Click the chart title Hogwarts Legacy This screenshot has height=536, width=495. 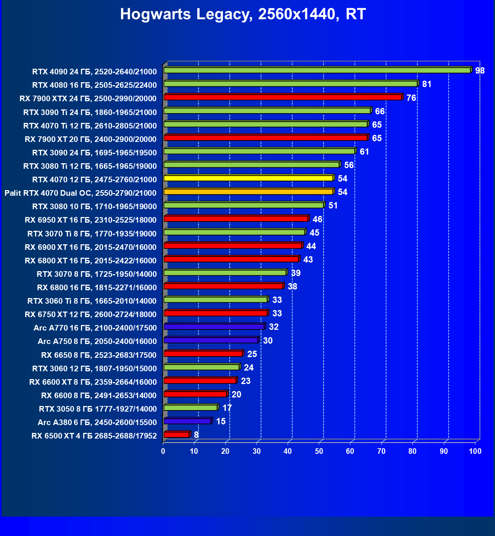[x=243, y=14]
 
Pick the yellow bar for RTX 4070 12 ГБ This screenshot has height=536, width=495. [x=248, y=178]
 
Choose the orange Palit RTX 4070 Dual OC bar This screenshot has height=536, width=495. [x=248, y=192]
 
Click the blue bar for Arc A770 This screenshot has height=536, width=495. [x=214, y=326]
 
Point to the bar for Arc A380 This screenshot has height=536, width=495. [x=188, y=421]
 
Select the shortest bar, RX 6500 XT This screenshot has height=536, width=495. [x=177, y=434]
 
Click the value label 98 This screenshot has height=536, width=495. [x=480, y=71]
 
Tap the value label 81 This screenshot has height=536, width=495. [x=427, y=84]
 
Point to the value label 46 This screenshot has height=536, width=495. [x=317, y=219]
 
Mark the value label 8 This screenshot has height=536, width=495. [x=196, y=435]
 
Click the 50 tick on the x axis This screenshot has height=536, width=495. [x=319, y=451]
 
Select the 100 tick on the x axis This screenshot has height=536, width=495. [x=475, y=451]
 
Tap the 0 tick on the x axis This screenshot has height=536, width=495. [x=163, y=451]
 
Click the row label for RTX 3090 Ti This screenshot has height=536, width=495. [x=90, y=112]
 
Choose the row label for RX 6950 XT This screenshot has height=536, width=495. [x=91, y=220]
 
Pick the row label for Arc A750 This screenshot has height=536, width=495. [x=97, y=341]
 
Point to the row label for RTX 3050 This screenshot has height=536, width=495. [x=98, y=409]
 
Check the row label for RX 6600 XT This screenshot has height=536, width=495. [x=93, y=382]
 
